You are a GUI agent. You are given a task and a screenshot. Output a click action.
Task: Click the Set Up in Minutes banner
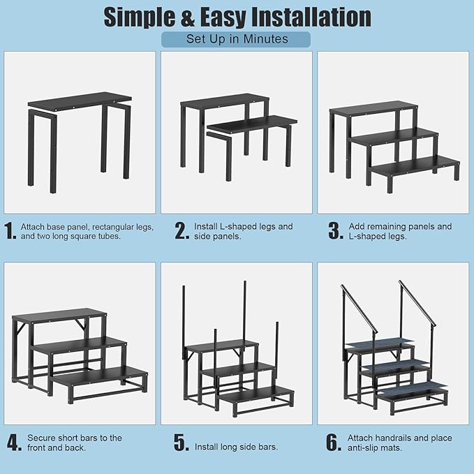point(237,39)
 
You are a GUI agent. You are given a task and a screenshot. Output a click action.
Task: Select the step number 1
point(10,232)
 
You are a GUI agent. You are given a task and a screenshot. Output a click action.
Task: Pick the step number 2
point(182,232)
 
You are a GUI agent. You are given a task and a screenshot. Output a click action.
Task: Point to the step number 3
point(336,232)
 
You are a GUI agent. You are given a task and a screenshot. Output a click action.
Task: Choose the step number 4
point(13,443)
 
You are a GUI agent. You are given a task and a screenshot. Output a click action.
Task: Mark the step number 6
point(336,443)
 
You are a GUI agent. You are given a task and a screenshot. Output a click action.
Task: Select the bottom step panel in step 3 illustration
point(415,166)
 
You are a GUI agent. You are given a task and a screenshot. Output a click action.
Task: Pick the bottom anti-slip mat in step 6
point(412,388)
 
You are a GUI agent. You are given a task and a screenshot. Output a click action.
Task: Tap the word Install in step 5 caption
point(207,447)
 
